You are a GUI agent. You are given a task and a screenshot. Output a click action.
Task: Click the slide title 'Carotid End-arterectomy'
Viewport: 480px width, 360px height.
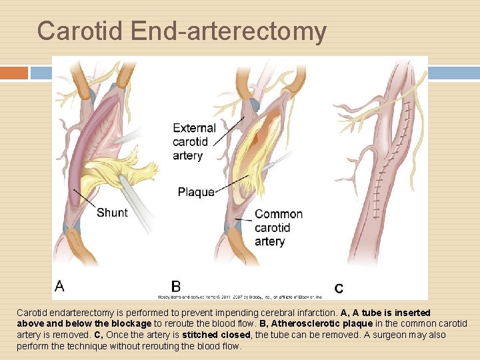tap(181, 31)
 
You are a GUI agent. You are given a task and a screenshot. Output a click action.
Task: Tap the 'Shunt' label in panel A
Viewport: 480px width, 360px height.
tap(112, 213)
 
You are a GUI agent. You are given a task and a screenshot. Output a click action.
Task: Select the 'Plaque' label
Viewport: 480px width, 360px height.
tap(196, 192)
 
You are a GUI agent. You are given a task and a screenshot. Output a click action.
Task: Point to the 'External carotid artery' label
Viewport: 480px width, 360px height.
tap(194, 141)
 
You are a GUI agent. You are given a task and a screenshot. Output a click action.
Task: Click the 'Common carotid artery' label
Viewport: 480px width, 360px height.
tap(278, 227)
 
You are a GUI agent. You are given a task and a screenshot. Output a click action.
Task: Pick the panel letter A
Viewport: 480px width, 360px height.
tap(60, 287)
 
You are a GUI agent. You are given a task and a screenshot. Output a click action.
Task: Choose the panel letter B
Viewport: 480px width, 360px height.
tap(176, 287)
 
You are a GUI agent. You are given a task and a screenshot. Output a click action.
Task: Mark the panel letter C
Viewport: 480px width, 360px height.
tap(339, 289)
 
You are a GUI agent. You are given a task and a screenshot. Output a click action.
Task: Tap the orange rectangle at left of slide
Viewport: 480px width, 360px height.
tap(14, 73)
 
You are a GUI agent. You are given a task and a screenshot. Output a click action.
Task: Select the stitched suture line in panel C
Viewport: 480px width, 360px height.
tap(380, 180)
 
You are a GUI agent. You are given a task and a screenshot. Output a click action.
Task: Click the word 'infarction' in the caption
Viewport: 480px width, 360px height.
tap(313, 313)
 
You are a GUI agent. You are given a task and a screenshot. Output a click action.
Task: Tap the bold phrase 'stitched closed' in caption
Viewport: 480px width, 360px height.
tap(208, 335)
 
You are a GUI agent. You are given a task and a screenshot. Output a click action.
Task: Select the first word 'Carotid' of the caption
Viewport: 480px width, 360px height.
tap(32, 313)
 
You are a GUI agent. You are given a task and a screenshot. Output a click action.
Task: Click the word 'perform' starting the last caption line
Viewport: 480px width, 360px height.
tap(32, 347)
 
